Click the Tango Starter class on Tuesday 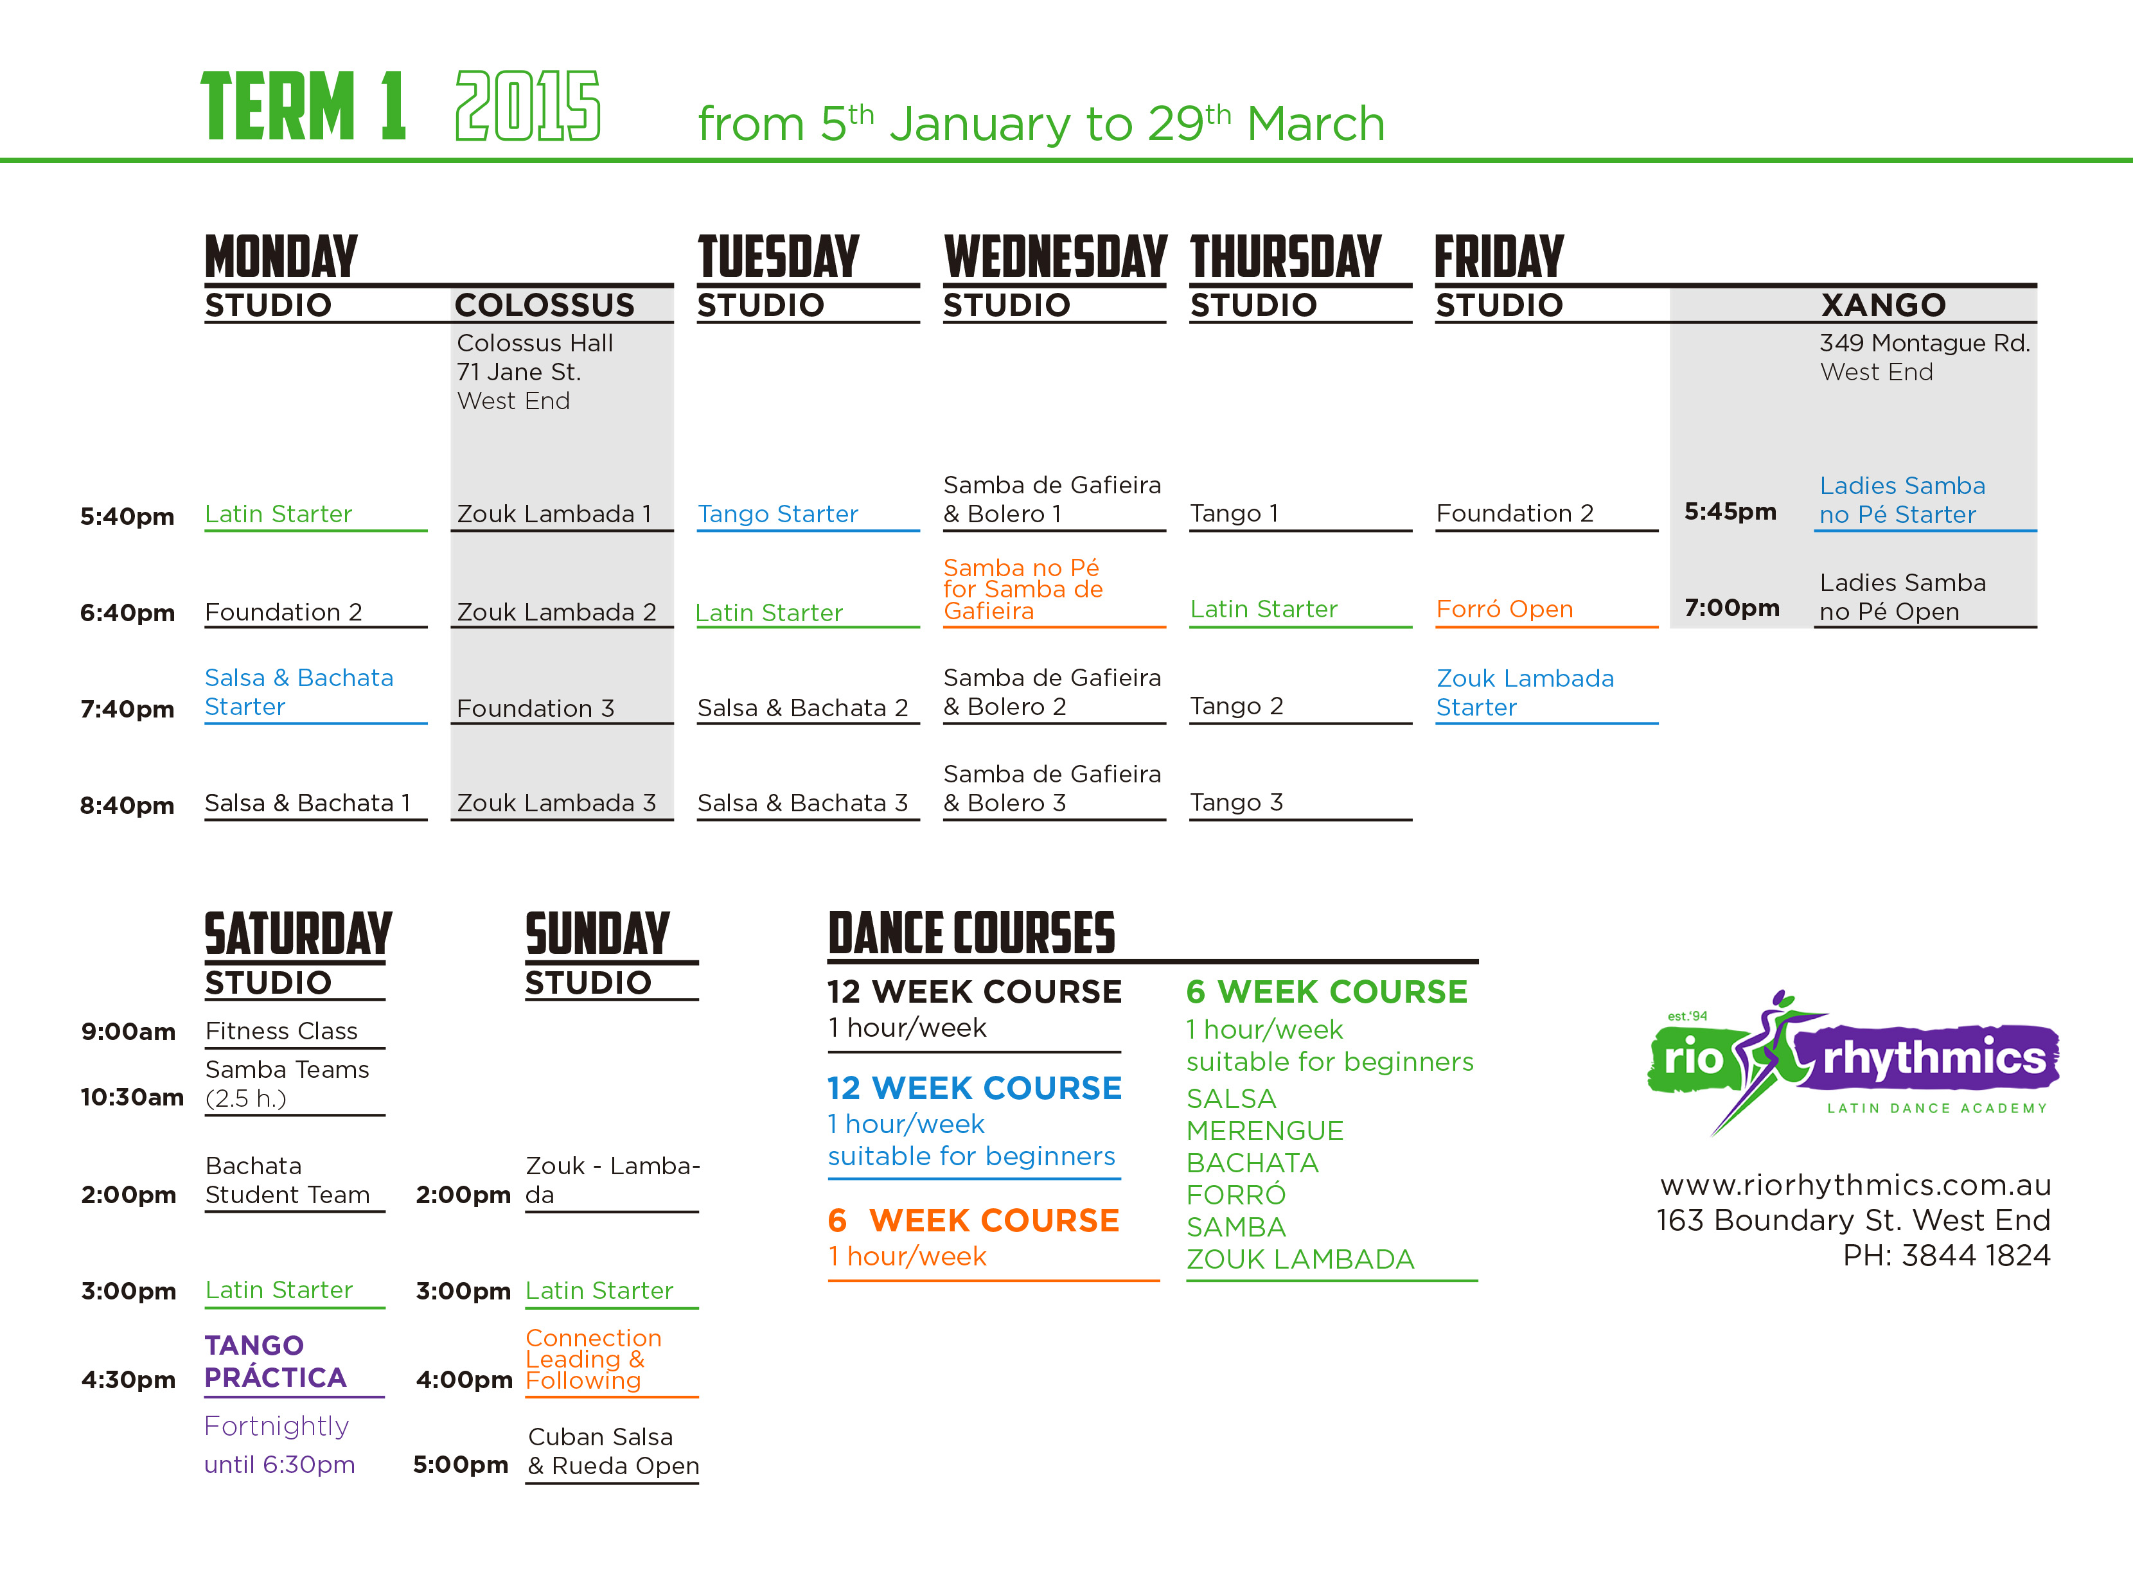pos(777,514)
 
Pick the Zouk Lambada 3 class pos(556,804)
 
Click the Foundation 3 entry pos(535,708)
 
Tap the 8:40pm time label pos(127,805)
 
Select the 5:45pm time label pos(1730,511)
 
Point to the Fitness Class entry pos(281,1031)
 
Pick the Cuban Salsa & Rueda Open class pos(614,1451)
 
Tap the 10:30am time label pos(132,1097)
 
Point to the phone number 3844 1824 pos(1975,1256)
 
